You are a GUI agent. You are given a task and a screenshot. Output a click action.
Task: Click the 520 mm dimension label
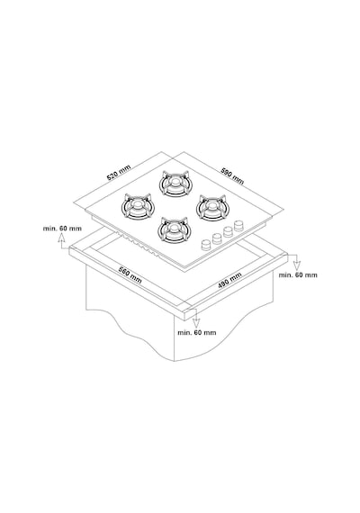[119, 173]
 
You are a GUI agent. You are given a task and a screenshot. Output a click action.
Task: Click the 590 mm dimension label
[232, 176]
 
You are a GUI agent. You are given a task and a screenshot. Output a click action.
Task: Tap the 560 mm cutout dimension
[130, 275]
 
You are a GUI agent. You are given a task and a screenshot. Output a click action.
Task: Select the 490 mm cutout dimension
[229, 281]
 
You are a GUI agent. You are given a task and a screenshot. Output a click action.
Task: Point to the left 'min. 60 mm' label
[62, 229]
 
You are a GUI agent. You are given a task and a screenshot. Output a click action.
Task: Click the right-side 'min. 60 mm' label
[298, 274]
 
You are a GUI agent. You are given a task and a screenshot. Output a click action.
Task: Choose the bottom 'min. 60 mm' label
[197, 332]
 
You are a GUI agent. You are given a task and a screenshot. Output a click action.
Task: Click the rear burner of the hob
[175, 184]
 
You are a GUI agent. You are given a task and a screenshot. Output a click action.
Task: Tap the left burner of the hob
[138, 206]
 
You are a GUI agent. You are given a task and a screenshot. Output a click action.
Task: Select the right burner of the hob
[212, 207]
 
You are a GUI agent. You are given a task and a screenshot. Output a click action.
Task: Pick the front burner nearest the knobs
[174, 229]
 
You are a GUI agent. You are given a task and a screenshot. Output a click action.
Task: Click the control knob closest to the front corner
[206, 245]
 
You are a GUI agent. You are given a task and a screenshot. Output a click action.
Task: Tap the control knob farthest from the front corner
[239, 225]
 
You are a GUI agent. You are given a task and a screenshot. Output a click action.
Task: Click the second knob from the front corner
[217, 238]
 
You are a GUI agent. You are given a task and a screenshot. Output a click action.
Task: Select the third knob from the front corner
[228, 232]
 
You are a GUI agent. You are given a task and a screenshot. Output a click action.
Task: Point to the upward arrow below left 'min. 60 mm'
[61, 242]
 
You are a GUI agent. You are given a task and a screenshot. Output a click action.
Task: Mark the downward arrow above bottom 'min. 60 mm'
[195, 319]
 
